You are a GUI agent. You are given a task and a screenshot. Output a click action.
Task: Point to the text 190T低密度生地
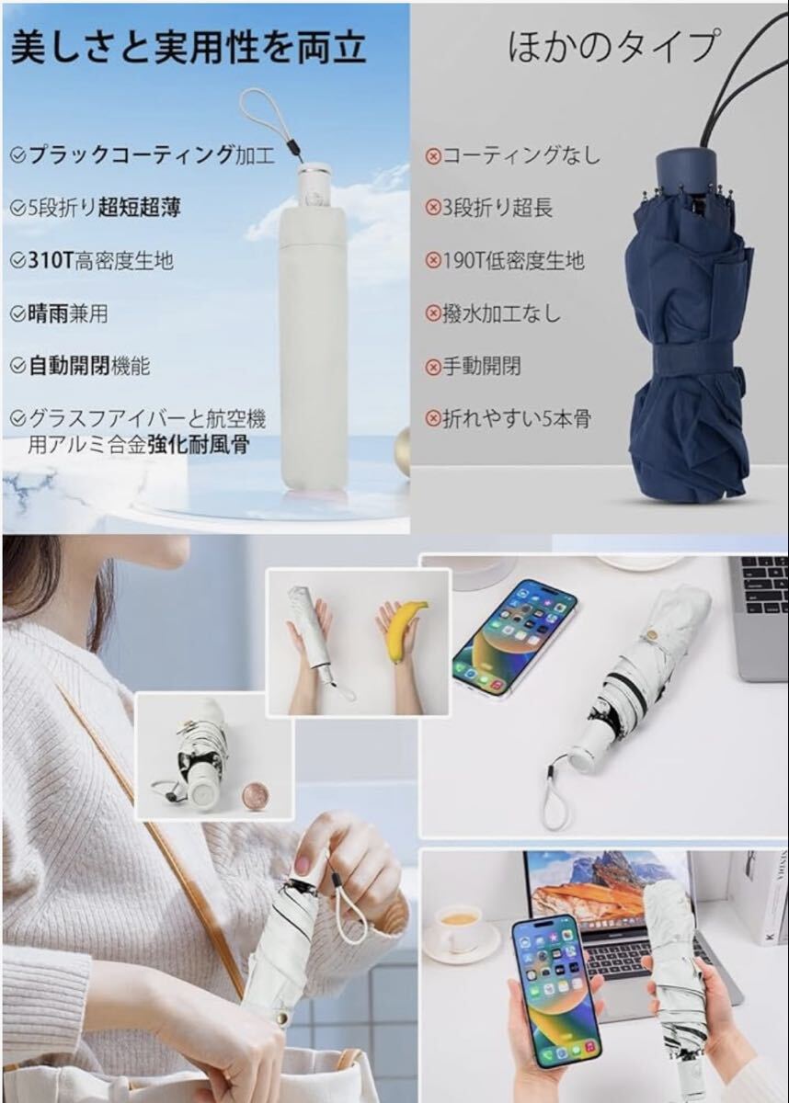click(x=513, y=260)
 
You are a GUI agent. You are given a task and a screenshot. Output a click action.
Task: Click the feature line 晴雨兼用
click(x=68, y=313)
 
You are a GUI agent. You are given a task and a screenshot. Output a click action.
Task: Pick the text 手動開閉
click(x=481, y=367)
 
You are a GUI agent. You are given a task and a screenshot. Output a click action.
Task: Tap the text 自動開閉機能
click(x=88, y=366)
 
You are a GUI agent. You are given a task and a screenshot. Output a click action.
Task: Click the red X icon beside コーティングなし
click(x=432, y=157)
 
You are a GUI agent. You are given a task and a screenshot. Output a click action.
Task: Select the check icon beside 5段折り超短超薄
click(x=17, y=209)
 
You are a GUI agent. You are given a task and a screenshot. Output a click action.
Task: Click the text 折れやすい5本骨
click(x=517, y=419)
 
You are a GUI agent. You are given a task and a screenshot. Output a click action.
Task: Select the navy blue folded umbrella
click(x=690, y=325)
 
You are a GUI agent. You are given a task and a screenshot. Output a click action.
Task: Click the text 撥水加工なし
click(x=501, y=313)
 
